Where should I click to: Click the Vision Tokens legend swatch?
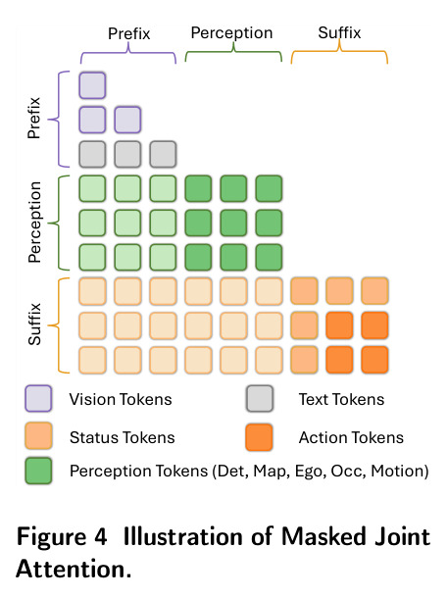(38, 399)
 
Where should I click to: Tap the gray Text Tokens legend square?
(260, 399)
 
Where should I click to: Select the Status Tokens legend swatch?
(38, 435)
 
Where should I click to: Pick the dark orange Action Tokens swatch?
(260, 437)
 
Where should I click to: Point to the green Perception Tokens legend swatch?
(38, 471)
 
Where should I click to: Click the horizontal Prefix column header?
(128, 33)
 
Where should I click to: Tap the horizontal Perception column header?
(231, 33)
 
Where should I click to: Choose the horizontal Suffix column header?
(339, 32)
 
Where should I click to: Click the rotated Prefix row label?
(34, 118)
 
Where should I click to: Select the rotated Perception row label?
(34, 222)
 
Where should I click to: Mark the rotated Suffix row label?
(34, 324)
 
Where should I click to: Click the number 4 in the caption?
(100, 537)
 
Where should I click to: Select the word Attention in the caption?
(71, 569)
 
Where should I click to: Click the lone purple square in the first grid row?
(92, 85)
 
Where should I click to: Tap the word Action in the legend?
(322, 437)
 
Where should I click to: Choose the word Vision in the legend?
(92, 399)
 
